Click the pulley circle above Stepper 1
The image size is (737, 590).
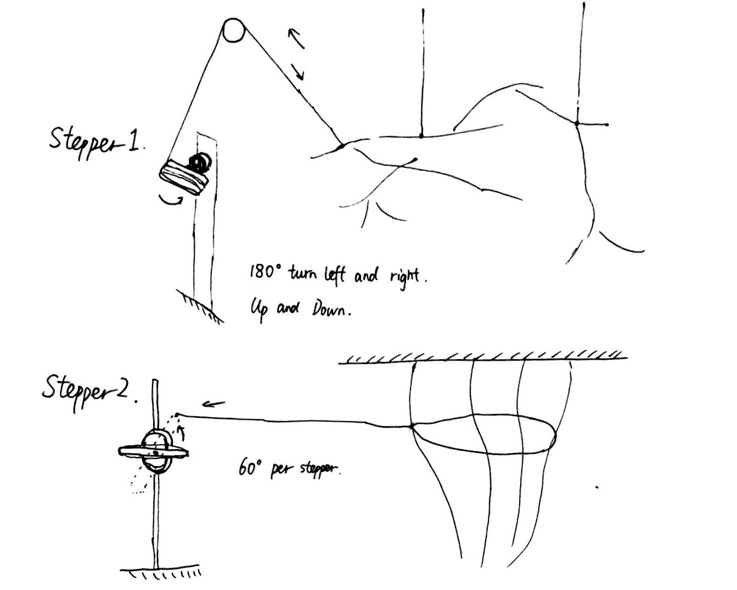[x=234, y=30]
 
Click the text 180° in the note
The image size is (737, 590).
[x=266, y=272]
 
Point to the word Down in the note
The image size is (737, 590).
[x=330, y=310]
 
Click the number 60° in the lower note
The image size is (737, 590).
[x=250, y=467]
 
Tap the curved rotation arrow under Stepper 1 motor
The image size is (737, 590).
[x=171, y=200]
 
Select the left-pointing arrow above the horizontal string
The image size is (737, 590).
[x=213, y=404]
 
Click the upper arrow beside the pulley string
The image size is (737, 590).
[x=296, y=38]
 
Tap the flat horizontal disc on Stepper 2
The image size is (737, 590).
[x=154, y=451]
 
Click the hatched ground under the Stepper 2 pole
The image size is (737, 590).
[x=160, y=572]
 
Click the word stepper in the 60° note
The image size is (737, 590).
[x=320, y=469]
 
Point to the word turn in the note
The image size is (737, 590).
[x=303, y=274]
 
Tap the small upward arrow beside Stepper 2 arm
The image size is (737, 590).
[x=182, y=432]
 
